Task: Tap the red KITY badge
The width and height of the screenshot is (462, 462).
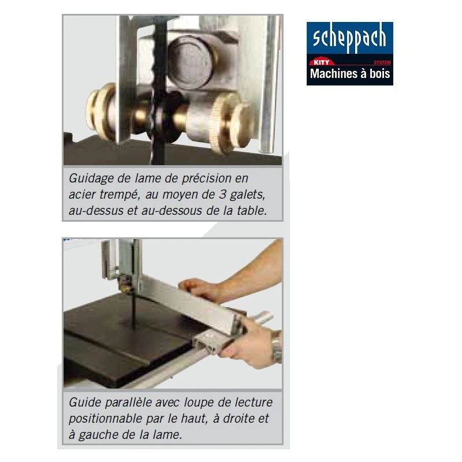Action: click(x=322, y=62)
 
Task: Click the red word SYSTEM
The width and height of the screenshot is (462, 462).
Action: click(x=382, y=62)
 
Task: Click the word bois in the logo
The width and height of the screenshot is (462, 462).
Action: click(x=380, y=73)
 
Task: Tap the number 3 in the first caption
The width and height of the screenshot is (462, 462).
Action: click(x=222, y=194)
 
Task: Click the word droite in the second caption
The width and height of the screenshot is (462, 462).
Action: click(x=239, y=418)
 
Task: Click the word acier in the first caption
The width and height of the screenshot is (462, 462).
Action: click(x=82, y=195)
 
